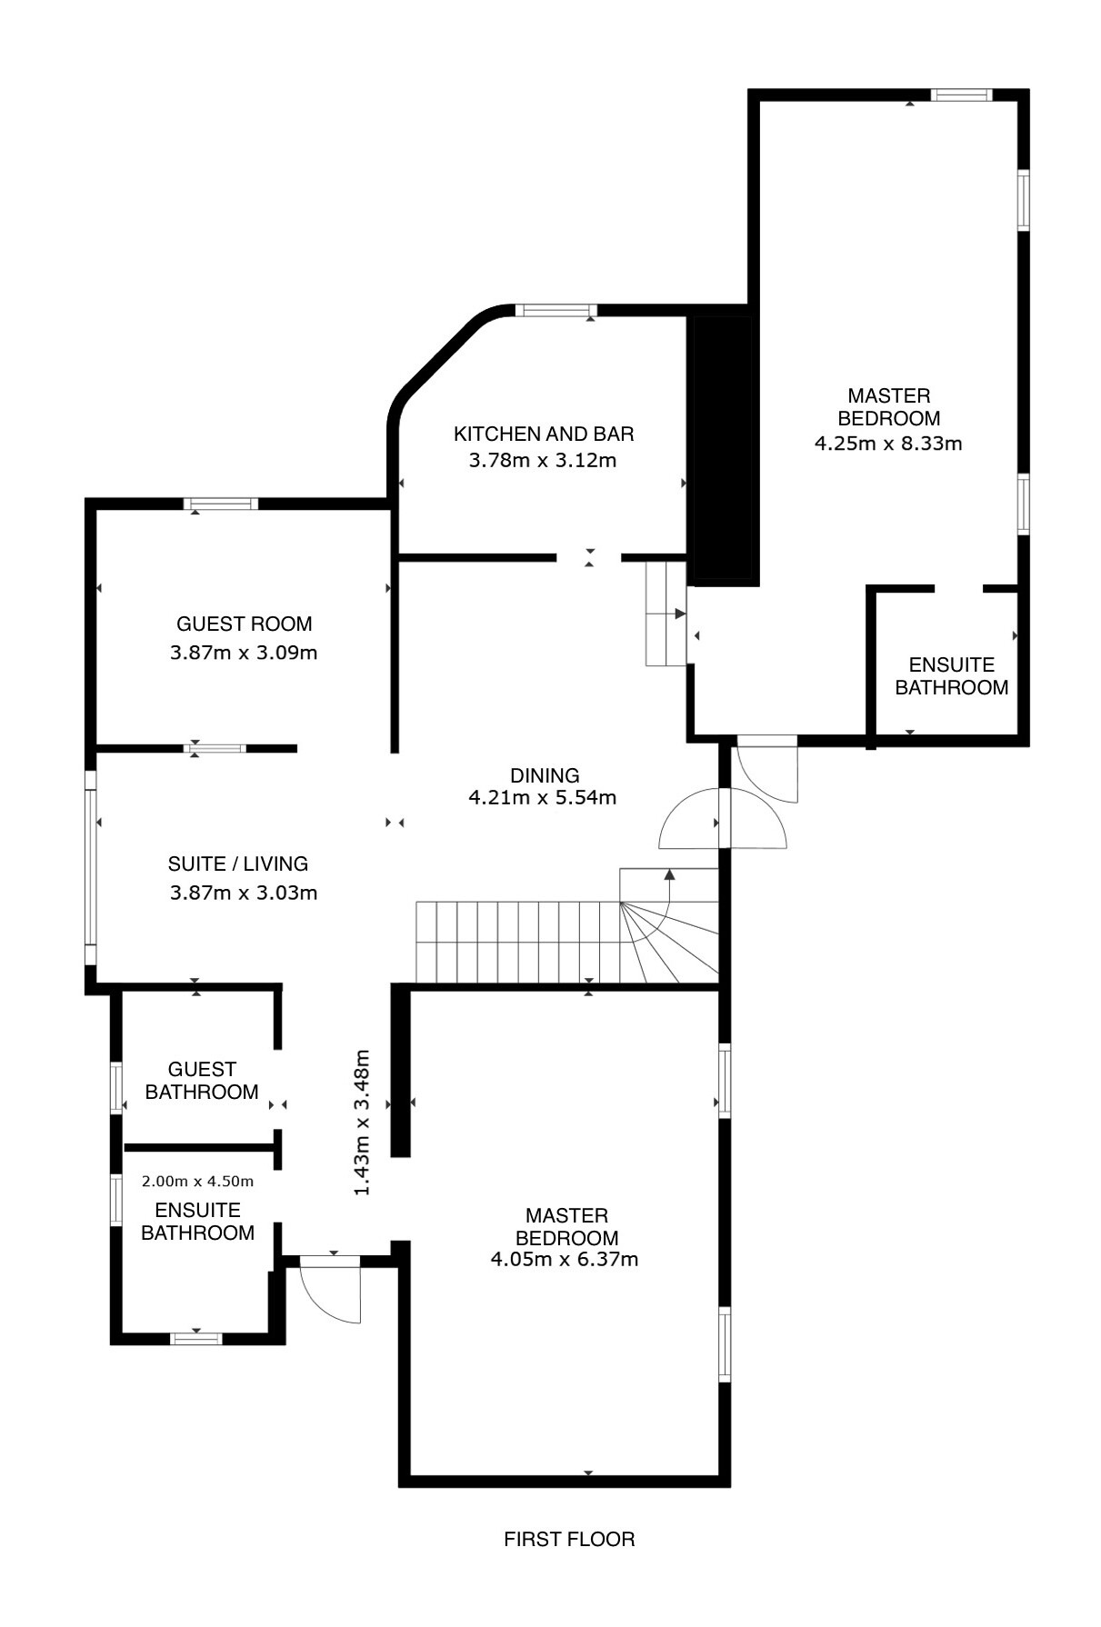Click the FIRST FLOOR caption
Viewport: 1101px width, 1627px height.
pos(569,1539)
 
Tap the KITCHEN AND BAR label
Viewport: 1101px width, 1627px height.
pos(544,434)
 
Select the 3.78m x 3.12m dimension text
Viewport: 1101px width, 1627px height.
pos(543,460)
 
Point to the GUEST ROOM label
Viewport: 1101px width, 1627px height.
pos(244,624)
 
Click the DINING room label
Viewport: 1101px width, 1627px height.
pos(545,775)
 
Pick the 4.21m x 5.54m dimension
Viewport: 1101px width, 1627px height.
pos(543,798)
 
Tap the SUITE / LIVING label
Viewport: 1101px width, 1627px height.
pos(238,863)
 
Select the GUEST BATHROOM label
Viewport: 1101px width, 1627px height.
pos(202,1081)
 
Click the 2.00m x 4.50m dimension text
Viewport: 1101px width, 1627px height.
pos(198,1182)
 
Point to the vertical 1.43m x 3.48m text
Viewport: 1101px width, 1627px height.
pos(362,1123)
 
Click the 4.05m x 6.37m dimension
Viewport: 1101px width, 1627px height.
pos(565,1260)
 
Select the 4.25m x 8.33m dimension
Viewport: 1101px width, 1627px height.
pos(888,444)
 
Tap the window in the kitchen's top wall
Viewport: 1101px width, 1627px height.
pos(556,311)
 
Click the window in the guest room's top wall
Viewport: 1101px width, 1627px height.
pos(221,504)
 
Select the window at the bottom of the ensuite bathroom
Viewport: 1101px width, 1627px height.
pos(197,1338)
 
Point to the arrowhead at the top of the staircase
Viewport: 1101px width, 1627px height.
pos(670,875)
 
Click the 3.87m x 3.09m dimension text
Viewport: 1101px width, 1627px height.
pos(244,653)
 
